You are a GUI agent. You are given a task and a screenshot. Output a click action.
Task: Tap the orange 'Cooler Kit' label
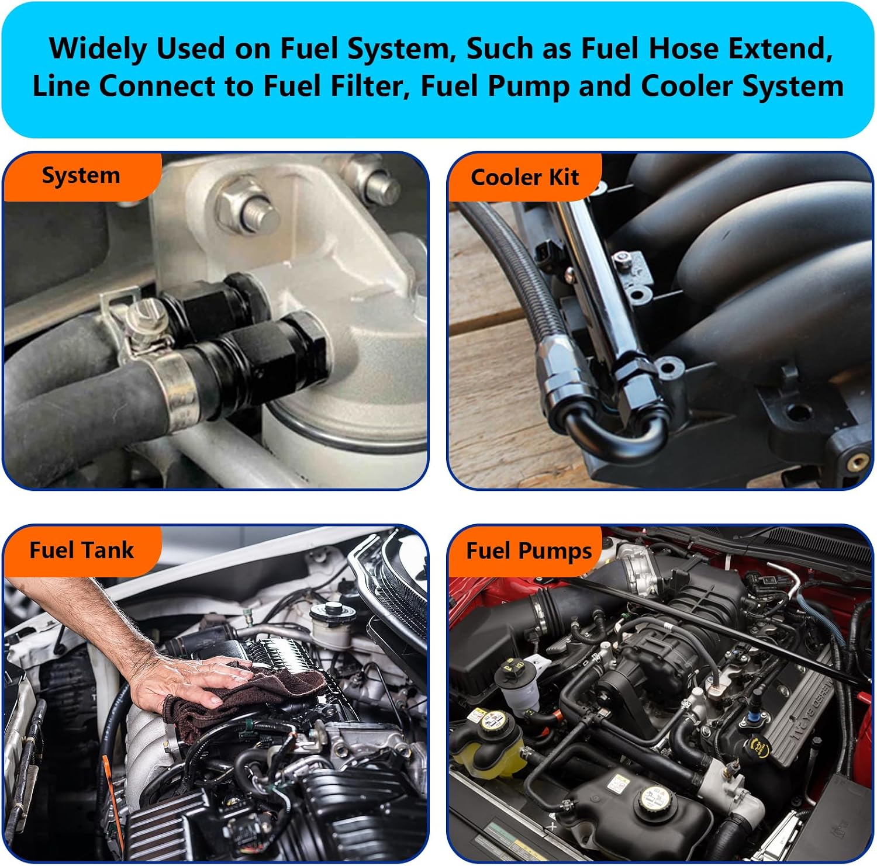pos(524,177)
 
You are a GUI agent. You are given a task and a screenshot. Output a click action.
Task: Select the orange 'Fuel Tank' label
pos(81,550)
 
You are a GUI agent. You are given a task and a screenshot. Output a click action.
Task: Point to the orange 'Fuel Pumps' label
pos(529,551)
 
